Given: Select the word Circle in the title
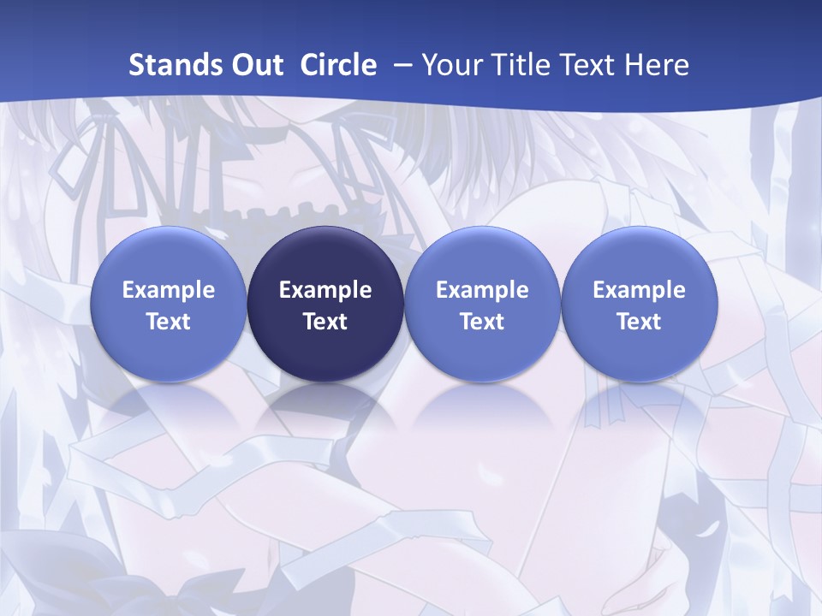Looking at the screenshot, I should (x=338, y=65).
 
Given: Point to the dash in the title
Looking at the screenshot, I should (x=399, y=65).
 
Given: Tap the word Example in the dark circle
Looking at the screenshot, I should (x=325, y=290).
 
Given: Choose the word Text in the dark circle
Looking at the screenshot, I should (x=325, y=322).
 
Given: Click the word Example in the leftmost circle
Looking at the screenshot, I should (x=168, y=290).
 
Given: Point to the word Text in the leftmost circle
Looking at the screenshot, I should (x=168, y=322).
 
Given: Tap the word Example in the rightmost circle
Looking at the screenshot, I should (x=639, y=290).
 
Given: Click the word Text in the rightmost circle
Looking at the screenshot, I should (x=639, y=322).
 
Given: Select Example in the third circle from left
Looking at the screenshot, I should (x=482, y=290).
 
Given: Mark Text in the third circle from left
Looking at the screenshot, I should (x=482, y=322).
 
